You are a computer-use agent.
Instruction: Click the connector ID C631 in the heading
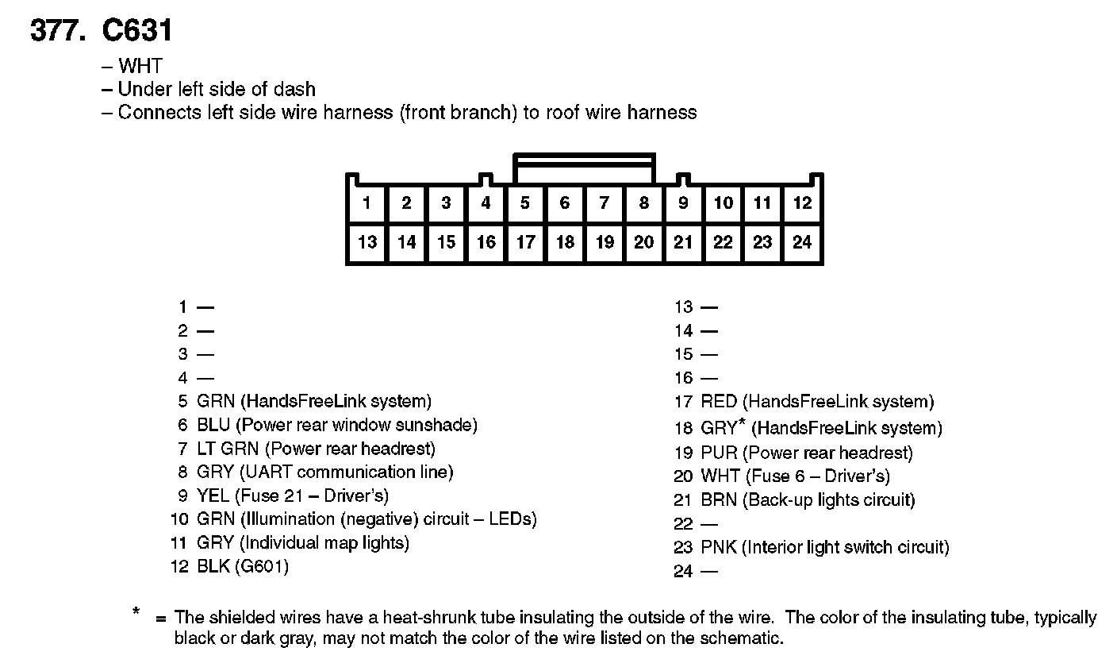pyautogui.click(x=137, y=31)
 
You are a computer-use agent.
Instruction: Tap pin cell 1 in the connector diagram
pyautogui.click(x=367, y=203)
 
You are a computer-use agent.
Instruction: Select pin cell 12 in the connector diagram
pyautogui.click(x=802, y=203)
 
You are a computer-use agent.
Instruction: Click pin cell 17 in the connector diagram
pyautogui.click(x=525, y=242)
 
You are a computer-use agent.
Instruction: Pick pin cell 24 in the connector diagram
pyautogui.click(x=802, y=242)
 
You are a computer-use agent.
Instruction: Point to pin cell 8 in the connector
pyautogui.click(x=643, y=203)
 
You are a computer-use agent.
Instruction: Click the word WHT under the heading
pyautogui.click(x=140, y=66)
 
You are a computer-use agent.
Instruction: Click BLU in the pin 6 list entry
pyautogui.click(x=213, y=426)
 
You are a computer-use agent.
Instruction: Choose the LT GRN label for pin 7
pyautogui.click(x=228, y=449)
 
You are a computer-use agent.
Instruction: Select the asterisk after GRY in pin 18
pyautogui.click(x=742, y=423)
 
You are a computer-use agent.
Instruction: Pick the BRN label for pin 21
pyautogui.click(x=719, y=500)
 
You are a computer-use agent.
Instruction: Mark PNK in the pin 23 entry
pyautogui.click(x=719, y=547)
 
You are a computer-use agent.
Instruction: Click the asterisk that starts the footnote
pyautogui.click(x=136, y=612)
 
